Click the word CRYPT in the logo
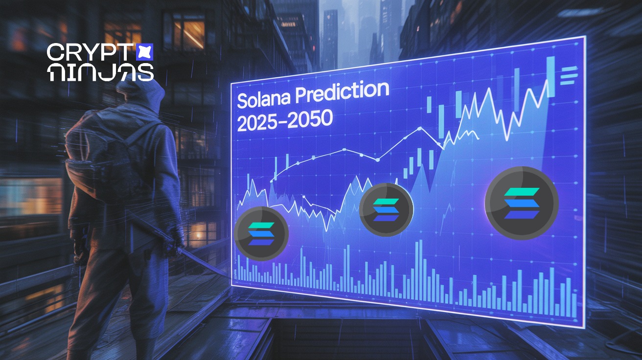point(90,52)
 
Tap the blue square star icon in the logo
point(144,52)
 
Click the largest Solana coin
point(522,203)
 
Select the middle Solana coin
point(386,210)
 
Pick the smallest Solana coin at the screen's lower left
point(261,234)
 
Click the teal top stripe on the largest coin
point(522,192)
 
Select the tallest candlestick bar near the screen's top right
point(550,76)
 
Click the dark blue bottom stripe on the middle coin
point(386,218)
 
